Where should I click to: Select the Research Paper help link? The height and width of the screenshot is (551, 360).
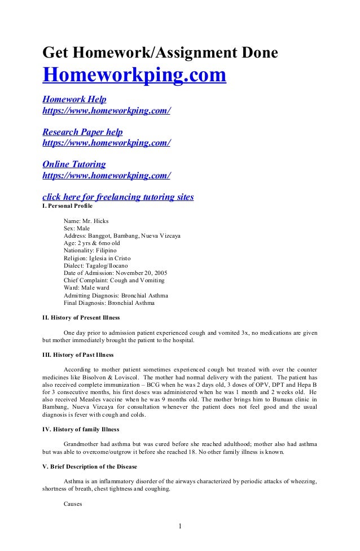pos(82,132)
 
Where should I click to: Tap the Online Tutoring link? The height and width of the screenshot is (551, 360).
pos(74,165)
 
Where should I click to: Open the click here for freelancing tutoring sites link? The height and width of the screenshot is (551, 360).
pos(118,197)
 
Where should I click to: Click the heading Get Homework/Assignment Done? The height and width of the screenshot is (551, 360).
pos(160,53)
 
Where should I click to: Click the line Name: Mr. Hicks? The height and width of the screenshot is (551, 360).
pos(86,221)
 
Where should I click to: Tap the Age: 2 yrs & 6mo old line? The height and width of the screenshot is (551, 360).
pos(91,243)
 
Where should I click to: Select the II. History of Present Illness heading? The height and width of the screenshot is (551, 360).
pos(81,318)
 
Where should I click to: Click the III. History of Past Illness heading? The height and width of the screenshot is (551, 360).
pos(78,355)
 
